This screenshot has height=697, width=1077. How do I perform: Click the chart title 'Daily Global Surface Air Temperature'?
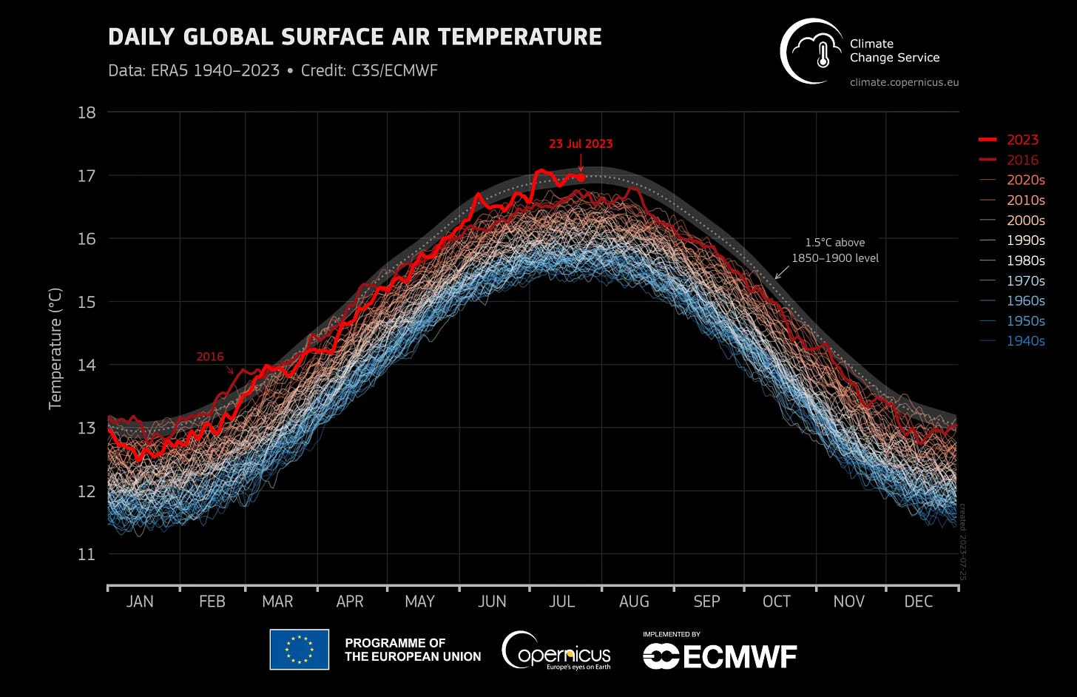point(354,37)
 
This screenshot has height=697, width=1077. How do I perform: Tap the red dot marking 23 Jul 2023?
point(581,178)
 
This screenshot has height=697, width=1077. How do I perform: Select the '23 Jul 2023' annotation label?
point(581,144)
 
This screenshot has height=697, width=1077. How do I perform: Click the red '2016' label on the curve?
point(210,357)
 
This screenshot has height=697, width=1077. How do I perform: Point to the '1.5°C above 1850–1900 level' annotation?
point(835,250)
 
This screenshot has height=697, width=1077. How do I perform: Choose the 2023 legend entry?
point(1022,140)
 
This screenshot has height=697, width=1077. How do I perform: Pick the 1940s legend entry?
point(1025,341)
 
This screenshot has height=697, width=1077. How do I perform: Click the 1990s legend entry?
point(1025,240)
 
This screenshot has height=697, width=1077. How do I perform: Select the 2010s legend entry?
point(1025,201)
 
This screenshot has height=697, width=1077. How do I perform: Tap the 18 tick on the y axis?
point(87,112)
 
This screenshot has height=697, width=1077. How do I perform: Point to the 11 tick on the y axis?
point(87,554)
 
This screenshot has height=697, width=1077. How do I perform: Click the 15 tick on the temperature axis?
point(87,302)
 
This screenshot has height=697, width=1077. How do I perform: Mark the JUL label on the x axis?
point(562,602)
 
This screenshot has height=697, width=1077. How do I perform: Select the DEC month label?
point(918,602)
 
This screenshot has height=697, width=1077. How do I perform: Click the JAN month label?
point(140,602)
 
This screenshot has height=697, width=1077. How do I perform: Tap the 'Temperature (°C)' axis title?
point(55,348)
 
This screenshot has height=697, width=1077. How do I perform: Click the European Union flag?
point(299,650)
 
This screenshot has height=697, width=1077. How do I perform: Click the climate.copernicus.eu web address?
point(904,82)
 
